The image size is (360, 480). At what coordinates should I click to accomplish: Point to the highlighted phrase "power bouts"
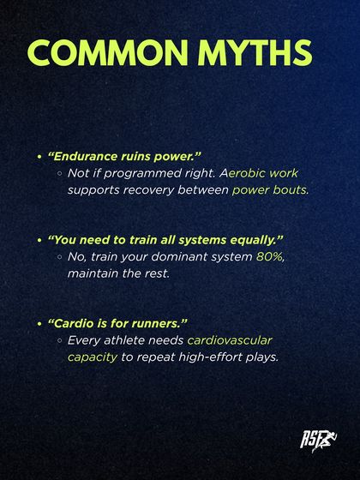(x=270, y=189)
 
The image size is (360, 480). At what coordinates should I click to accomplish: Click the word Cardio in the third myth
(x=72, y=323)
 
